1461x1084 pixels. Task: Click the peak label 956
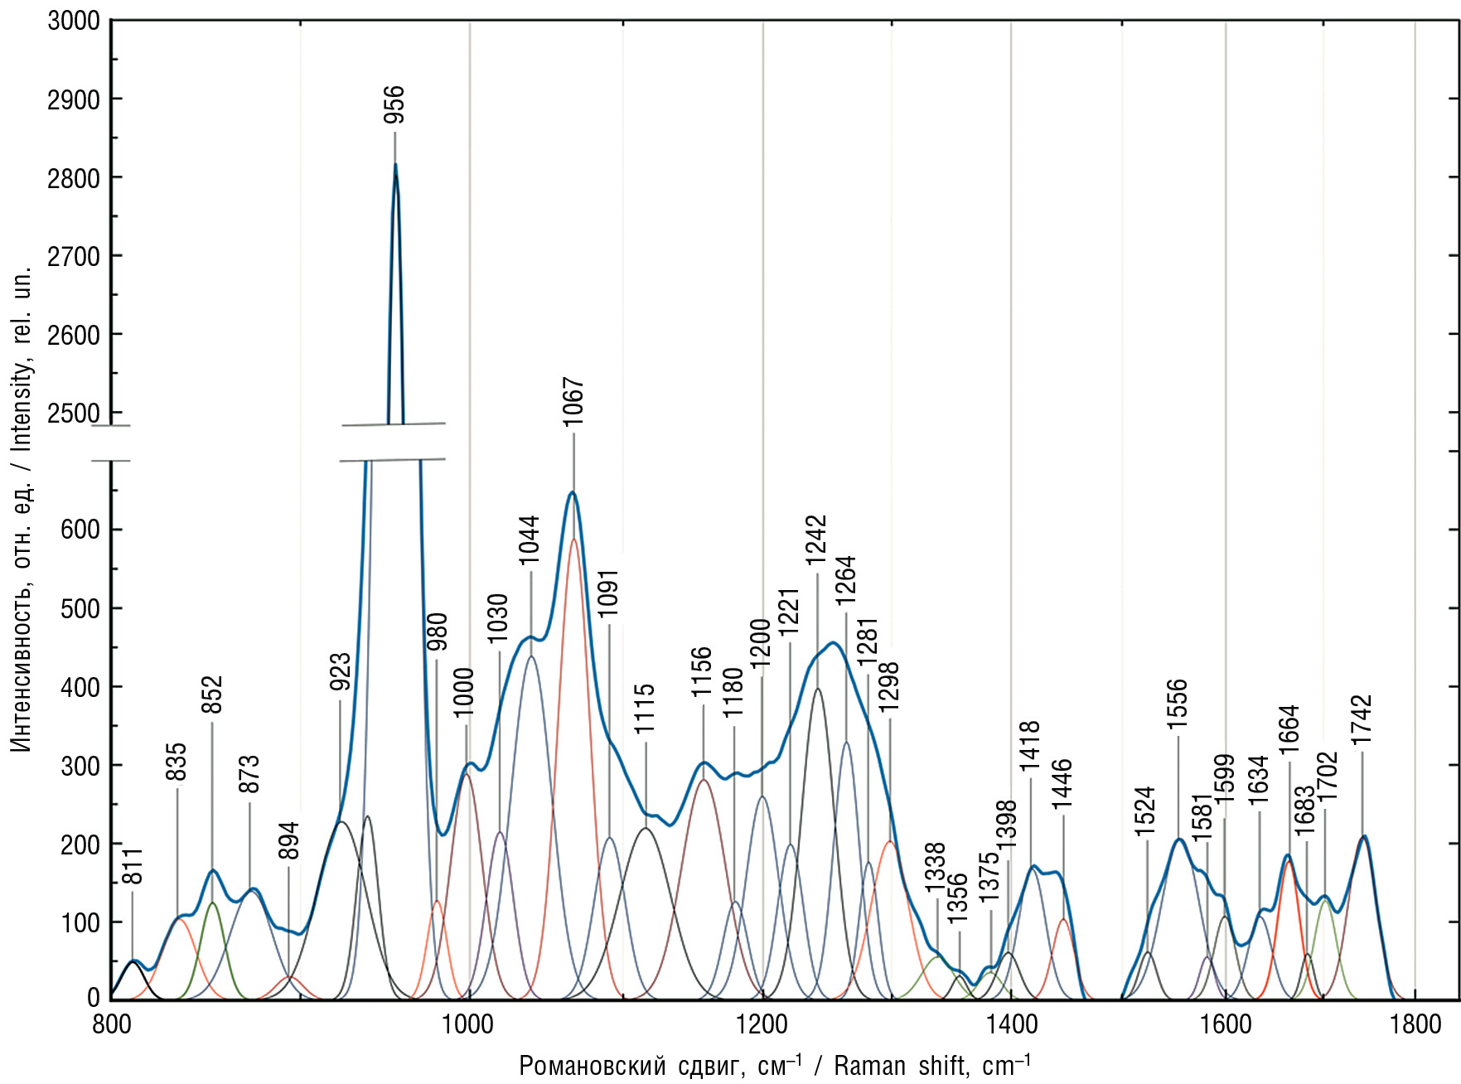394,104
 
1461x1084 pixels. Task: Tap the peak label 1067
573,402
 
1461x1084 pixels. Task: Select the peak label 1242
817,540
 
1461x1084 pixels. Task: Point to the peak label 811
133,866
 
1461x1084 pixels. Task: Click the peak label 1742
1362,719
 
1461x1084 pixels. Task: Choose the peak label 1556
1178,704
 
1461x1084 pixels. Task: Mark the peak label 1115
646,709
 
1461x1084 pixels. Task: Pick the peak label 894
288,840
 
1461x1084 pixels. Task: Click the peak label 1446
1063,783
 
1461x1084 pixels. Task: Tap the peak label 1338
936,868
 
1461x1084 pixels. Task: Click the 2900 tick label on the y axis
74,99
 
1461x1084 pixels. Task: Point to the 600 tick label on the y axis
80,530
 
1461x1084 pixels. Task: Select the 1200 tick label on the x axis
762,1024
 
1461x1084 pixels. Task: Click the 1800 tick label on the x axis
1415,1024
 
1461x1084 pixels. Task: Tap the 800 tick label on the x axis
111,1024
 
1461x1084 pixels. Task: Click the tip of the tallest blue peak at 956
395,164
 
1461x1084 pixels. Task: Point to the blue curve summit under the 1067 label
572,493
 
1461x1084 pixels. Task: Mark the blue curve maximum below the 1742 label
1364,836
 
